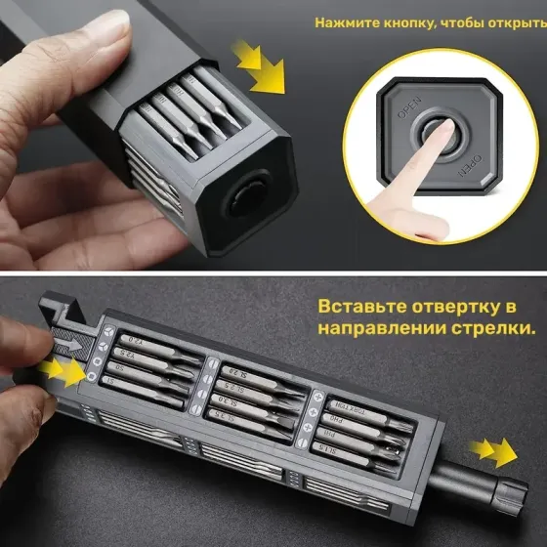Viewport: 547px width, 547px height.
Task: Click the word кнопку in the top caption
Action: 405,21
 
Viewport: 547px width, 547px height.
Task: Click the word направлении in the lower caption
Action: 384,330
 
